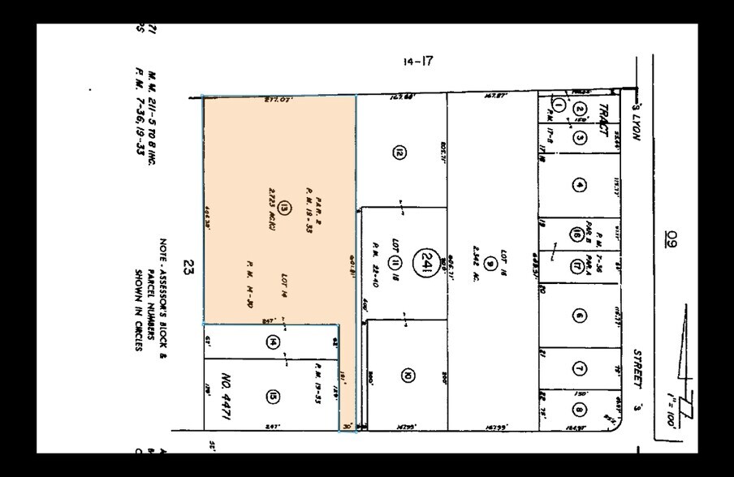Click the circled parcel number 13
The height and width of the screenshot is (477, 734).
[x=283, y=208]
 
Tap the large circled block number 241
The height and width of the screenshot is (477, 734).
[x=424, y=261]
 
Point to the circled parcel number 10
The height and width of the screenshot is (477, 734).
[x=407, y=374]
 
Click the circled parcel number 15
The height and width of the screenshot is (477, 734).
[x=272, y=396]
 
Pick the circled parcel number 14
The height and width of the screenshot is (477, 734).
[x=272, y=342]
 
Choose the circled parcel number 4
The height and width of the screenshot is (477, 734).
[x=578, y=185]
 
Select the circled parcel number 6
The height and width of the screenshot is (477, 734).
[x=578, y=316]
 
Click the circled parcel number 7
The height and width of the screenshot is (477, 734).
[x=578, y=369]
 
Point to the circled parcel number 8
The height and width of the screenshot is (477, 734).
[x=578, y=409]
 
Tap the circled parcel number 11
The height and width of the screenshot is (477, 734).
[x=393, y=261]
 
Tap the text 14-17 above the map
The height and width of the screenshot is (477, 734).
[x=418, y=62]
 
